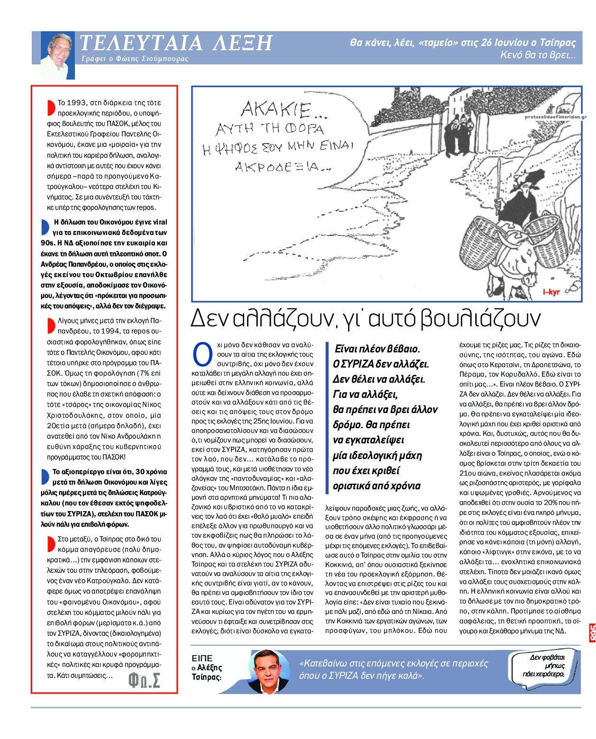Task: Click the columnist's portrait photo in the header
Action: coord(57,54)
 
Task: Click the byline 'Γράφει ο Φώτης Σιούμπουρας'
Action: coord(135,59)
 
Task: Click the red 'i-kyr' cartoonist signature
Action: coord(551,292)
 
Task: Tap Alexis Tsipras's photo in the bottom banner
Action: coord(268,671)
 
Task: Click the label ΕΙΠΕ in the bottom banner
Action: coord(202,658)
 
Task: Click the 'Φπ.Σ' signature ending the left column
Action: coord(144,680)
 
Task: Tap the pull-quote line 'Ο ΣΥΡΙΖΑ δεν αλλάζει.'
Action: coord(380,364)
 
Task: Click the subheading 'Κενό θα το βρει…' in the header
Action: coord(538,55)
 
